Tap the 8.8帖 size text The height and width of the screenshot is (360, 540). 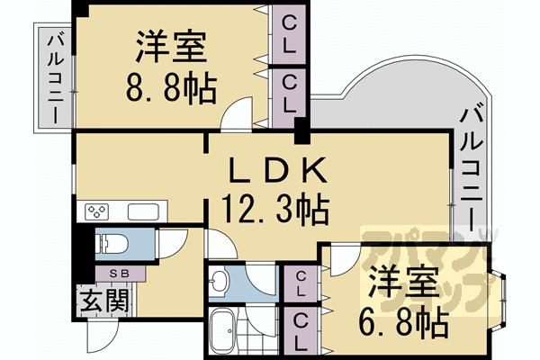pos(173,88)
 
